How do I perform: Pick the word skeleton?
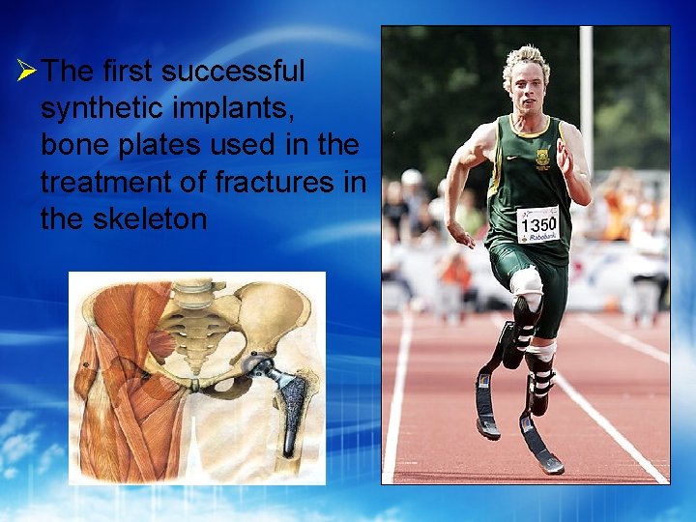[151, 218]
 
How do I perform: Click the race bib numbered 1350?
[537, 224]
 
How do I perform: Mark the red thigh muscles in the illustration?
[116, 387]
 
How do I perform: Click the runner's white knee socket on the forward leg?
[528, 282]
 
